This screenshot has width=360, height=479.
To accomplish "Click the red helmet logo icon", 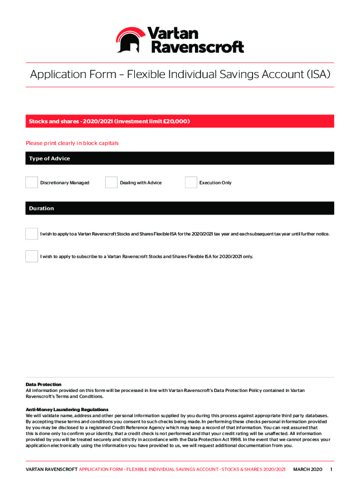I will coord(131,39).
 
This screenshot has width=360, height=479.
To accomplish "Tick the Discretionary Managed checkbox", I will coord(31,182).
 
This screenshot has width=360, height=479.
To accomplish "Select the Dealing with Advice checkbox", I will coord(111,182).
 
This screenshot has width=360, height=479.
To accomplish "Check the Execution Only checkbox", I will coord(191,182).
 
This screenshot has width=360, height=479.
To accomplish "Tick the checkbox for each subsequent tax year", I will coord(31,233).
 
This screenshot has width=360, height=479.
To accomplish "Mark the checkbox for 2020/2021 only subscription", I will coord(31,256).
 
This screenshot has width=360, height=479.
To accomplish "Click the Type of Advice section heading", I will coord(50,159).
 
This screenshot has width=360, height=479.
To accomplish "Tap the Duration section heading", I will coord(42,209).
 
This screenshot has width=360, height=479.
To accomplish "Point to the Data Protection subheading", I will coord(43,385).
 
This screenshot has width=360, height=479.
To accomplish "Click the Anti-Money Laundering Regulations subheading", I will coord(67,409).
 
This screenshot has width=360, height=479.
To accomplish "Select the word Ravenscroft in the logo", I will coord(196,47).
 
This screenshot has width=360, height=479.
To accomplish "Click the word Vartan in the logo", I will coord(173,33).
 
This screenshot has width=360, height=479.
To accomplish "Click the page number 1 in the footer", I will coord(331,469).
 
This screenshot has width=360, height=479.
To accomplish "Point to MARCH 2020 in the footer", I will coord(308,469).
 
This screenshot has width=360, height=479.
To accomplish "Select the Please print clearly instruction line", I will coord(72,143).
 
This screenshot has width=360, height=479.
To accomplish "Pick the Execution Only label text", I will coord(215,183).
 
